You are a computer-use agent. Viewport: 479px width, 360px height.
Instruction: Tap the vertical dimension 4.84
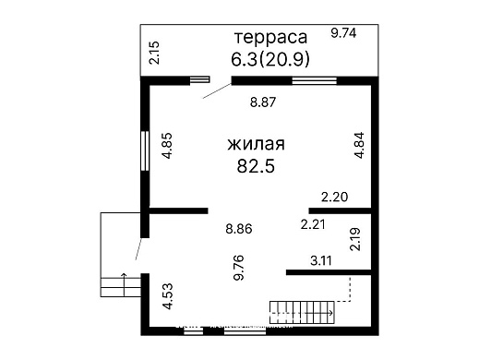[x=359, y=148]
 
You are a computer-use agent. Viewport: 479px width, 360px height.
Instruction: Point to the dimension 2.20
[x=333, y=197]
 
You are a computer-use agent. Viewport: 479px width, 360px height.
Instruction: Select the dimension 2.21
[x=315, y=224]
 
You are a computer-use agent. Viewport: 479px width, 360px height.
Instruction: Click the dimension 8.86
[x=240, y=228]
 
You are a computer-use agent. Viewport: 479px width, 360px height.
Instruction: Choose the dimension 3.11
[x=321, y=260]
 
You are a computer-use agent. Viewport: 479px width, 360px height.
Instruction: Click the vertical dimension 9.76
[x=238, y=267]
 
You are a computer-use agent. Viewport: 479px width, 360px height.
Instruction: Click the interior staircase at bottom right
[x=302, y=312]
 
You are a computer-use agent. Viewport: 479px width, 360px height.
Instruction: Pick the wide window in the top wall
[x=314, y=80]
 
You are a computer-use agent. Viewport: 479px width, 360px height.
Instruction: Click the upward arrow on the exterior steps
[x=123, y=280]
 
